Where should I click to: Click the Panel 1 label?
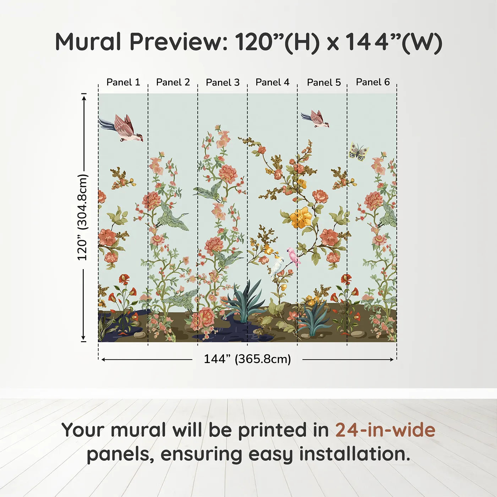(123, 82)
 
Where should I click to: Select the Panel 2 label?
(173, 82)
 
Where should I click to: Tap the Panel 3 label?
(223, 83)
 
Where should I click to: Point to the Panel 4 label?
(272, 82)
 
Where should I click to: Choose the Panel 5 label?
(324, 83)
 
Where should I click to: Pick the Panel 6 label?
(373, 82)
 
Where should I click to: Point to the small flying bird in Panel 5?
(316, 119)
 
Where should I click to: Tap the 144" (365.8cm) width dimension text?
(247, 359)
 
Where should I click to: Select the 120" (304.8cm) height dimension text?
(82, 217)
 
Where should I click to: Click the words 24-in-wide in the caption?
(385, 430)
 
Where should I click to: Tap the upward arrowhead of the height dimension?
(84, 97)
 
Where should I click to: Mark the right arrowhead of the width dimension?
(392, 360)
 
